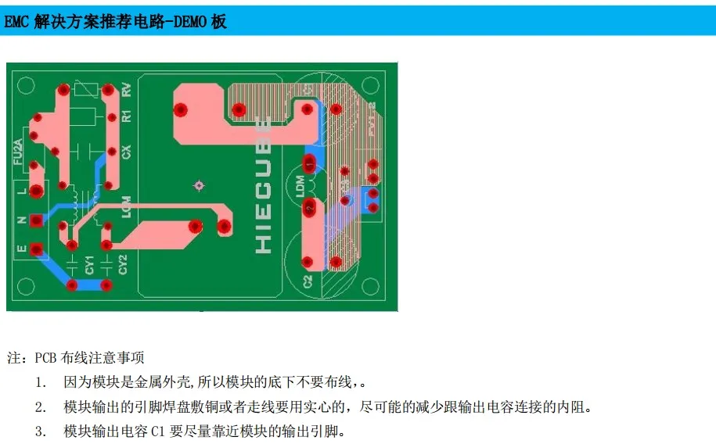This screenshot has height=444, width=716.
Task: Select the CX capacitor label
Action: [126, 152]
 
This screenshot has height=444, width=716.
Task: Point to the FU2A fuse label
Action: [18, 150]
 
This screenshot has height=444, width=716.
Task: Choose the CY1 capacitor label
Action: [90, 264]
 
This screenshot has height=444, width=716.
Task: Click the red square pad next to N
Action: [35, 221]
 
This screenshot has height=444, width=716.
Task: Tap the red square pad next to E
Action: [35, 249]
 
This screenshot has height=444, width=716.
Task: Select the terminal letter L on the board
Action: [22, 190]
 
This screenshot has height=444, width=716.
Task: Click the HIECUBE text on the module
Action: [264, 184]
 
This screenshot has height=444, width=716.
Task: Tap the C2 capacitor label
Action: [308, 279]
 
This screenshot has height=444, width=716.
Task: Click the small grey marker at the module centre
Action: [199, 185]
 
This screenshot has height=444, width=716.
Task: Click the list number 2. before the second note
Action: [40, 407]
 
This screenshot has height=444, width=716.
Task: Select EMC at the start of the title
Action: [17, 22]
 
